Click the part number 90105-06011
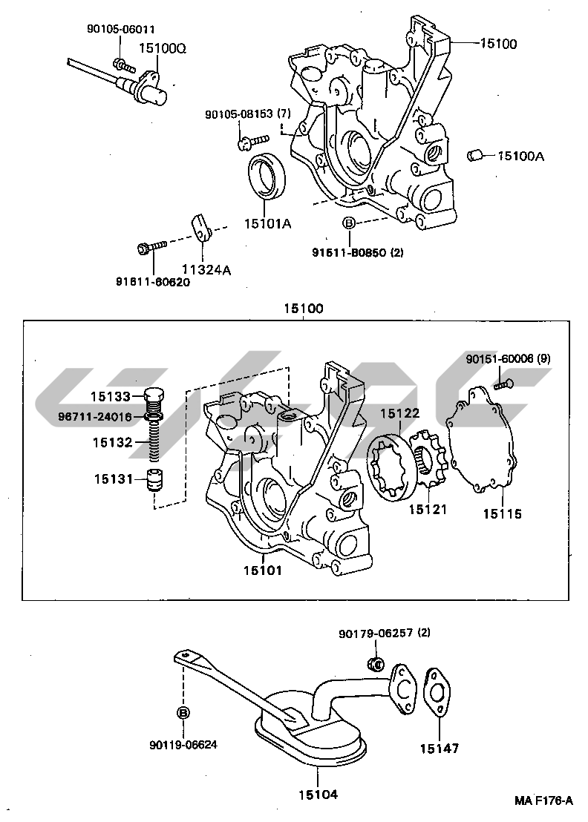120,30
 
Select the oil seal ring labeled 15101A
267,177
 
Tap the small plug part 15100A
475,156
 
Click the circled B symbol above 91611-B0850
349,223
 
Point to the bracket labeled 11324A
201,228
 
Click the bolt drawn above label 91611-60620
151,246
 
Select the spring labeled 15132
154,443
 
